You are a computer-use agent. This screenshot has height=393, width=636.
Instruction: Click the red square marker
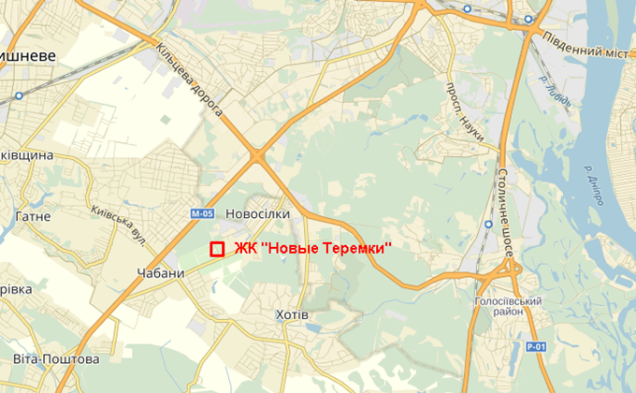click(x=216, y=249)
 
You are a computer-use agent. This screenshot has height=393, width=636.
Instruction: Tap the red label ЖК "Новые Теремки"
click(x=311, y=248)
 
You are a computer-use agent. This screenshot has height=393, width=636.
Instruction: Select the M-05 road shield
click(x=202, y=214)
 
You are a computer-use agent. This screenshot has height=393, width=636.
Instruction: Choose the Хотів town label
click(x=288, y=313)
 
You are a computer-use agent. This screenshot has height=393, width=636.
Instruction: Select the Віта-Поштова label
click(x=56, y=359)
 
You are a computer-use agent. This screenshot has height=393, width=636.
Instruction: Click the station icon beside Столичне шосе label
click(x=489, y=226)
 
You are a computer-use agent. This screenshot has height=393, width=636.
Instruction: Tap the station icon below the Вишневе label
click(x=18, y=95)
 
